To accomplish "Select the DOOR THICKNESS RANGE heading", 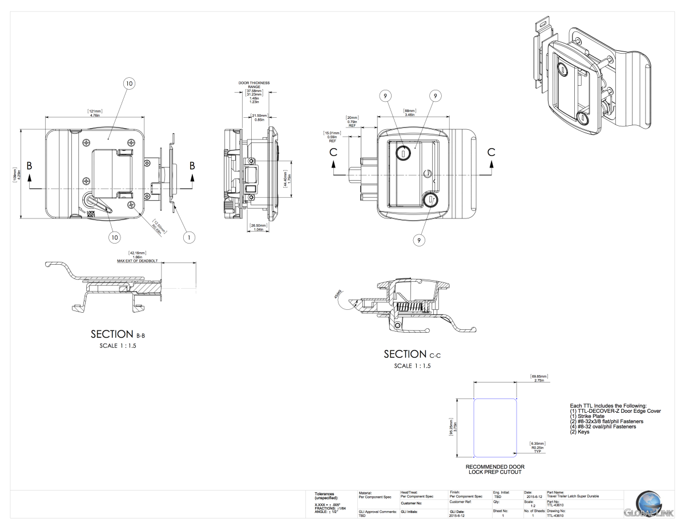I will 254,85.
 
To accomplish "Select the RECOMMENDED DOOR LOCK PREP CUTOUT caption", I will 495,469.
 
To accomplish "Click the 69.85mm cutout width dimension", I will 539,378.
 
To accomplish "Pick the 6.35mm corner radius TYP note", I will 538,447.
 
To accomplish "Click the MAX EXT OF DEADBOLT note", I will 138,259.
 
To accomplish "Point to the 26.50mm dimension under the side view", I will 258,227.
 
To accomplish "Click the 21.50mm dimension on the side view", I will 259,117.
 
